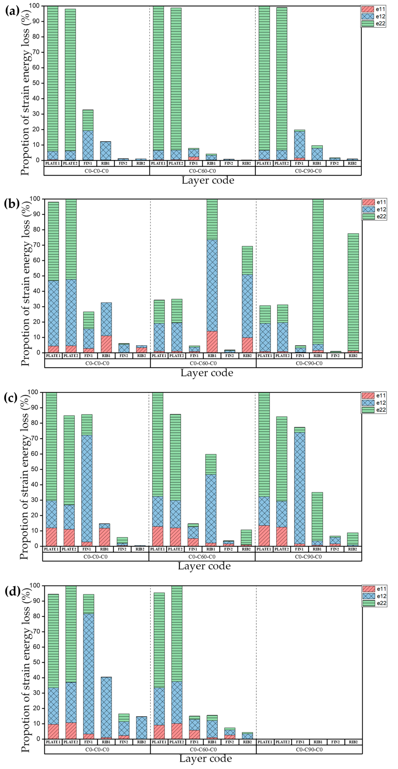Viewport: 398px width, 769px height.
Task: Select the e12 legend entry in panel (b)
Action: (374, 209)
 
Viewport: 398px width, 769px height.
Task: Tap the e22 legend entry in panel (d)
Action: (374, 603)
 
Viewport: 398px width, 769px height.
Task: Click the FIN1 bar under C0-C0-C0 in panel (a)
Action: (88, 135)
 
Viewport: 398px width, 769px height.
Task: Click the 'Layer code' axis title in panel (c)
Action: (204, 566)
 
